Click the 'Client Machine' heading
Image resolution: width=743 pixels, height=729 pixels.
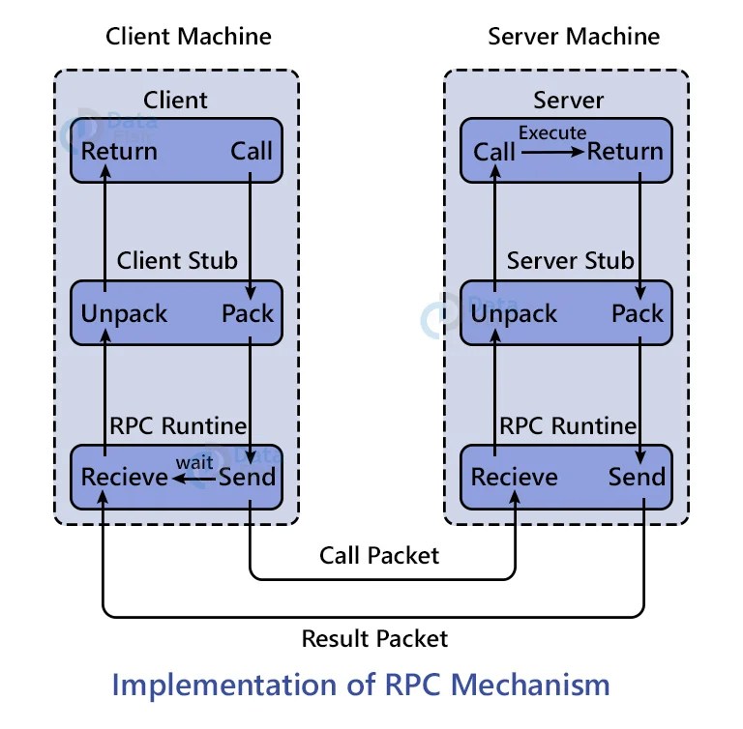point(188,37)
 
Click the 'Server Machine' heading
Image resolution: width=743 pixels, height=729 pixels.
point(574,37)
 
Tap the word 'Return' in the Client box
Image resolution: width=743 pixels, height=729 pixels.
point(119,152)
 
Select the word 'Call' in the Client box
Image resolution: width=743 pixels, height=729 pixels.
point(252,152)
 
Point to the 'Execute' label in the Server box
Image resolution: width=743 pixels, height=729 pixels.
point(552,132)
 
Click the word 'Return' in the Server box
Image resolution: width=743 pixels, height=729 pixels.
point(625,152)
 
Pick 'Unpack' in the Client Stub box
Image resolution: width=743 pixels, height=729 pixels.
point(124,314)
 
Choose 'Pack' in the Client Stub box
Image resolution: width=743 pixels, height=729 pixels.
point(248,314)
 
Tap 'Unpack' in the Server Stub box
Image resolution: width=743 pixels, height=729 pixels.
point(514,314)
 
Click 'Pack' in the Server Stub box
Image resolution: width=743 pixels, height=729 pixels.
point(638,314)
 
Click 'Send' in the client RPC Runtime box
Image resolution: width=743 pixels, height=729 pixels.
point(248,478)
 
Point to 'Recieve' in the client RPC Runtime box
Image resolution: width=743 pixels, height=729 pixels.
point(125,478)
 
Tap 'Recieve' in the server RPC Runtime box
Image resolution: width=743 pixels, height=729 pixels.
point(514,478)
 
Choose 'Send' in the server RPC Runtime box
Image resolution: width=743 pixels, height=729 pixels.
point(637,478)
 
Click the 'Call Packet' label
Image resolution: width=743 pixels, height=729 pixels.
point(379,555)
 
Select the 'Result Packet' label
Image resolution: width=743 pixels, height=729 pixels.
point(374,639)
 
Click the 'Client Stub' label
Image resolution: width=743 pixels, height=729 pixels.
point(177,261)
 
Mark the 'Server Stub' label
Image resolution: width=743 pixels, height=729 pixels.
point(571,261)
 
